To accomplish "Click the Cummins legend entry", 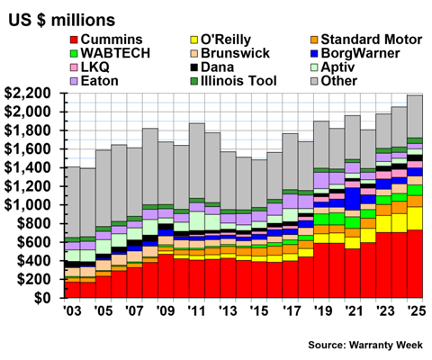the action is [x=106, y=40].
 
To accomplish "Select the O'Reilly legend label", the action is [x=220, y=40].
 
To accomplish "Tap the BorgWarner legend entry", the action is [x=355, y=53].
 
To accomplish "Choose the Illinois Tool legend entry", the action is [x=233, y=81].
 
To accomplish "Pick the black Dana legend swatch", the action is [x=194, y=67].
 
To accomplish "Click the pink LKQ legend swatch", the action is [x=74, y=67].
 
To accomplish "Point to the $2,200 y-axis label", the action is [x=31, y=94].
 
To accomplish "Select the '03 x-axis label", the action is [x=72, y=311].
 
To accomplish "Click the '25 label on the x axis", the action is [x=416, y=311].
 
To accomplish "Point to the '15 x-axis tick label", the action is [x=259, y=311].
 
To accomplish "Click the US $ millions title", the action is [x=61, y=20].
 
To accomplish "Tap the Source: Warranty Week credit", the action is [x=365, y=345].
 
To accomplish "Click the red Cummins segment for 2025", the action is [x=415, y=264].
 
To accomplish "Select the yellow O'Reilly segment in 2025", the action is [x=415, y=219].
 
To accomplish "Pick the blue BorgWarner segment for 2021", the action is [x=353, y=199].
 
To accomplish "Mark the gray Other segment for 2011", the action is [x=197, y=161].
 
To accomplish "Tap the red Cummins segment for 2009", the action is [x=166, y=276].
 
